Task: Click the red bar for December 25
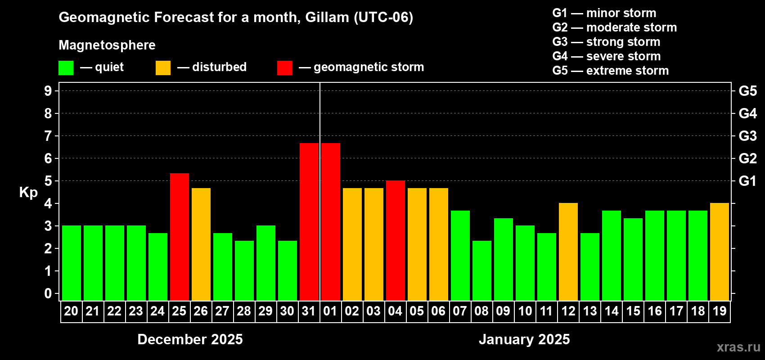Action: tap(179, 237)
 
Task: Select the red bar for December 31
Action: tap(309, 222)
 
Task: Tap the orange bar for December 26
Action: tap(201, 244)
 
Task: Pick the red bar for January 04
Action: tap(396, 240)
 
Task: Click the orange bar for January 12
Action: tap(568, 252)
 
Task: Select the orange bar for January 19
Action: tap(720, 252)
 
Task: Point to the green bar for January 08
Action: tap(482, 270)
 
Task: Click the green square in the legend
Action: tap(66, 67)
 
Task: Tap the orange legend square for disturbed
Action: tap(163, 67)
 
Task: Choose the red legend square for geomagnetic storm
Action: tap(284, 67)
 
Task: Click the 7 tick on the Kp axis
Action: tap(48, 136)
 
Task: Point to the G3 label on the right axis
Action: tap(747, 136)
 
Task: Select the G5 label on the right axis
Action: tap(747, 91)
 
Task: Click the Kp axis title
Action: tap(28, 193)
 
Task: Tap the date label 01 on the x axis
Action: tap(330, 311)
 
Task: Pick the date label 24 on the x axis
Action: tap(157, 311)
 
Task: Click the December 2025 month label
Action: tap(190, 339)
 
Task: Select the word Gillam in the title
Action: tap(327, 18)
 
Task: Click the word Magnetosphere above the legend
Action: tap(107, 45)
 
